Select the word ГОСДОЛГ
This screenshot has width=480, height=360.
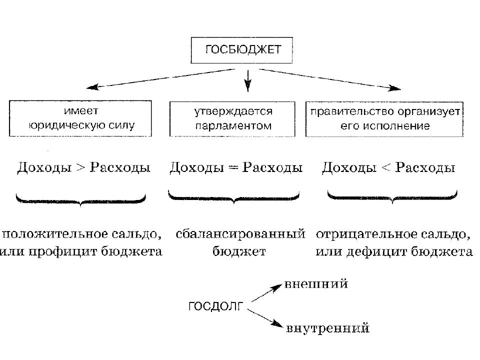[x=216, y=306]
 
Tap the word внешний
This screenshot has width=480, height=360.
[x=316, y=284]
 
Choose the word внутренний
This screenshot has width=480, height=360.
[x=328, y=328]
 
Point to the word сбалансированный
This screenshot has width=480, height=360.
[x=240, y=234]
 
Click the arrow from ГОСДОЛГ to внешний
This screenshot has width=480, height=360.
[x=266, y=293]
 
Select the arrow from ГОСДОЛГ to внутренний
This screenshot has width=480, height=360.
[x=265, y=318]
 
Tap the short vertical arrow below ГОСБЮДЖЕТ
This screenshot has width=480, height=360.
[x=247, y=81]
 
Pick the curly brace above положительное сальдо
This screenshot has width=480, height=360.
[x=80, y=200]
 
